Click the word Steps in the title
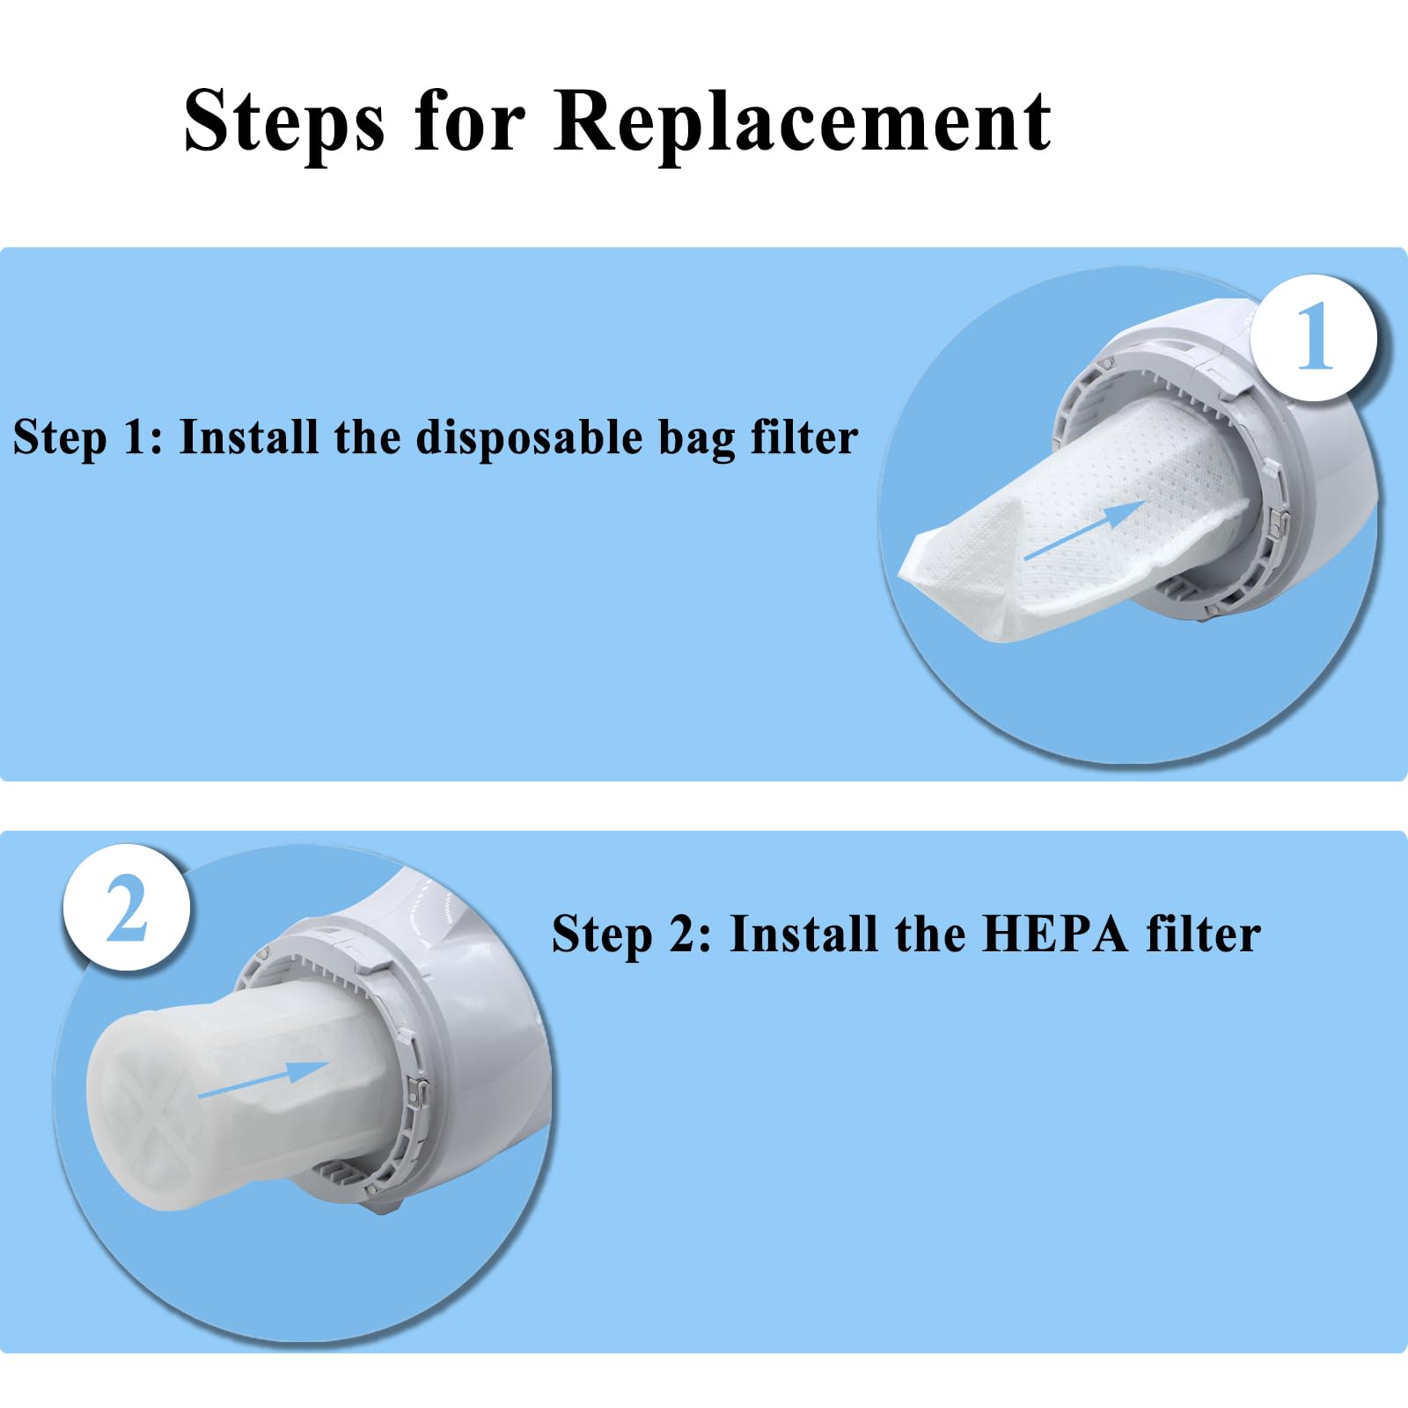pyautogui.click(x=284, y=124)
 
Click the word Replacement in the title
pyautogui.click(x=803, y=124)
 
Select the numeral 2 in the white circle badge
pyautogui.click(x=127, y=909)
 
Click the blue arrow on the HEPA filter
pyautogui.click(x=263, y=1079)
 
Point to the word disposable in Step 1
pyautogui.click(x=530, y=437)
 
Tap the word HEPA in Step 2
pyautogui.click(x=1054, y=934)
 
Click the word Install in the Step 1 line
pyautogui.click(x=249, y=436)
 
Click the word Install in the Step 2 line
pyautogui.click(x=804, y=934)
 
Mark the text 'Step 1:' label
pyautogui.click(x=88, y=438)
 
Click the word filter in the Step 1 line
pyautogui.click(x=803, y=436)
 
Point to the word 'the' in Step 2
pyautogui.click(x=929, y=934)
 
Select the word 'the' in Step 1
pyautogui.click(x=367, y=436)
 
